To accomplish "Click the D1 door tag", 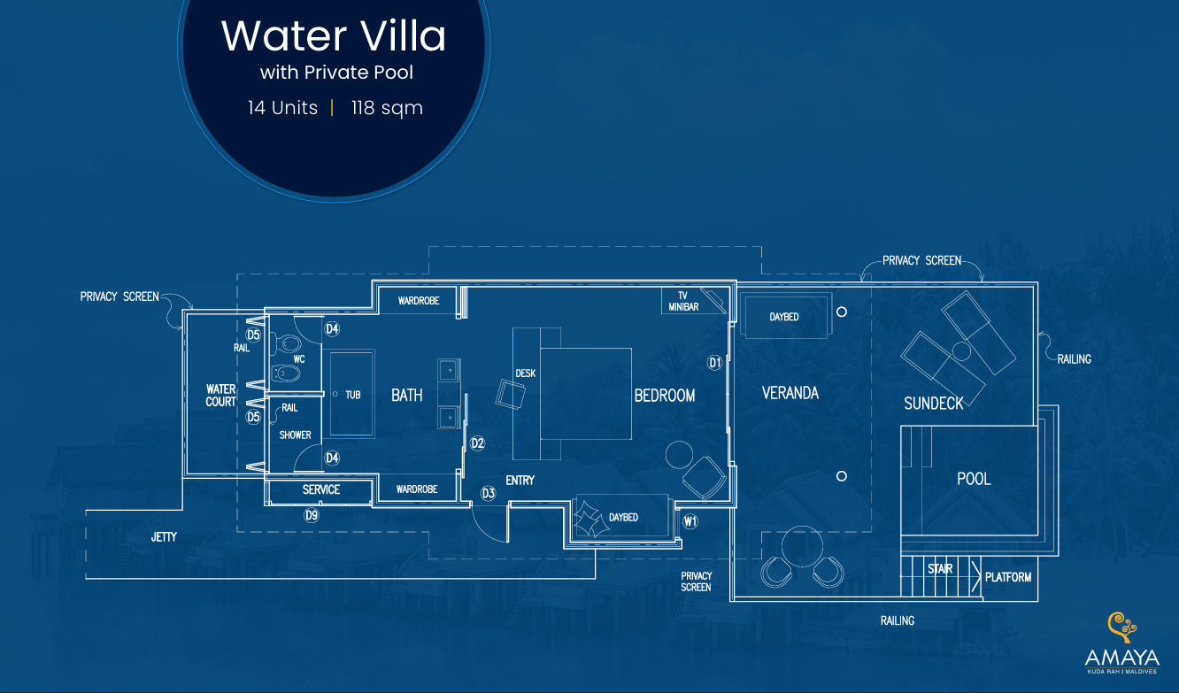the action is tap(714, 363).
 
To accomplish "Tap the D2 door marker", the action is tap(477, 443).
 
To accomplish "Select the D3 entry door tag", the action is tap(488, 493).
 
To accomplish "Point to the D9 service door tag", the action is tap(312, 516).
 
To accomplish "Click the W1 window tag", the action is tap(690, 521).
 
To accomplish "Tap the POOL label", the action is tap(974, 479).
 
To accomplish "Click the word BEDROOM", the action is tap(664, 396).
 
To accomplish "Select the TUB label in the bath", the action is tap(352, 395).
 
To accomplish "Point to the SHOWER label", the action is tap(295, 435).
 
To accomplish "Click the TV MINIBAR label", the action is tap(683, 301).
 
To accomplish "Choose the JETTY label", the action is tap(164, 537).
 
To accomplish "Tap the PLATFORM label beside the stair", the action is tap(1008, 577).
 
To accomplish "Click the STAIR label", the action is tap(940, 569).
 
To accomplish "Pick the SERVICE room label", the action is tap(321, 490).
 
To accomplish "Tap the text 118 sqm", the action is tap(388, 108).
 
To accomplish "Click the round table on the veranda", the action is tap(802, 546).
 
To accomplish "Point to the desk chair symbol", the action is tap(510, 395).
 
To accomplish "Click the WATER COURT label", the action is tap(220, 396).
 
